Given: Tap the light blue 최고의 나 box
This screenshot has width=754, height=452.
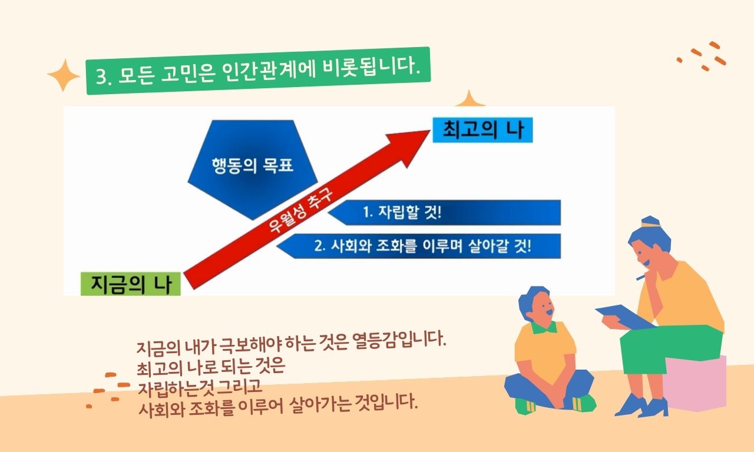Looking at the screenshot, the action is tap(482, 130).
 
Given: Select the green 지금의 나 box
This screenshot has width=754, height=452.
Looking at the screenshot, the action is tap(131, 284).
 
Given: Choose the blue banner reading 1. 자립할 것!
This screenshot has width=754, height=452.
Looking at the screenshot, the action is tap(444, 212).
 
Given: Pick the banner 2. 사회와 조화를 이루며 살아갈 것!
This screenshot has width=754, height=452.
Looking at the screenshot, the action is tap(418, 246).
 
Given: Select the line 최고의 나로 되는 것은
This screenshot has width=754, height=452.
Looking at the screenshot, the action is tap(211, 367).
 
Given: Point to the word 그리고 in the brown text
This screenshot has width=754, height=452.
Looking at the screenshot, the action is tap(239, 387).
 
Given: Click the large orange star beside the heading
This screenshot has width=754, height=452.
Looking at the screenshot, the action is tap(63, 75).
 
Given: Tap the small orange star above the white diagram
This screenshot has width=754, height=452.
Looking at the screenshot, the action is tap(469, 99).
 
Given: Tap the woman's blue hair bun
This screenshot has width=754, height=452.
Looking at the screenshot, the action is tap(650, 221).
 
